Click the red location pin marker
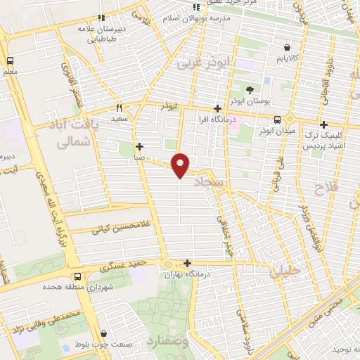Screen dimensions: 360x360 [x=181, y=165]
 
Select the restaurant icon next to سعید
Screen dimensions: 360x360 [x=119, y=108]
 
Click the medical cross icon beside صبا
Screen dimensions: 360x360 [x=140, y=147]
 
